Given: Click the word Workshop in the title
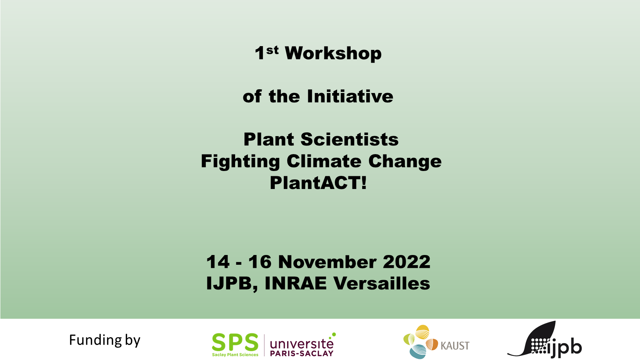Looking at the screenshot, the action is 333,53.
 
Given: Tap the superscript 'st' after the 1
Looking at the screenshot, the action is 272,50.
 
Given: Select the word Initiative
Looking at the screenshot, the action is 350,96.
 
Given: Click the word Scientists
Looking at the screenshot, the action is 349,139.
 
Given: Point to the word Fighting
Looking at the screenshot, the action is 240,162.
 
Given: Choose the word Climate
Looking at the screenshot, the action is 324,161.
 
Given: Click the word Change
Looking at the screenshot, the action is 405,162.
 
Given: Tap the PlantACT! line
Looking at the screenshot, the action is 318,183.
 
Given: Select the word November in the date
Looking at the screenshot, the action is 327,262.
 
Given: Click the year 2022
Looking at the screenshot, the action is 406,262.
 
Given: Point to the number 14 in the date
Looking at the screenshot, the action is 218,262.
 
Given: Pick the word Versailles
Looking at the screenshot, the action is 382,283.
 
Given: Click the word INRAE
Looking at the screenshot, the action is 295,283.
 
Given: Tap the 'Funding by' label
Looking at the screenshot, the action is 105,340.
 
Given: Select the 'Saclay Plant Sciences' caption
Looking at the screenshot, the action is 235,355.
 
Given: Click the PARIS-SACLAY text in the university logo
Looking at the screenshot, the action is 302,353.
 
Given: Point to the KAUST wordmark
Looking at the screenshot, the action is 455,346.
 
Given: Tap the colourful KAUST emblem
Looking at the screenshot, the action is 421,342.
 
